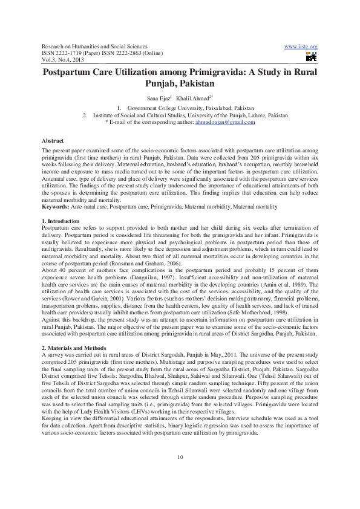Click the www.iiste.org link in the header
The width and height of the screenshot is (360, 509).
pyautogui.click(x=301, y=47)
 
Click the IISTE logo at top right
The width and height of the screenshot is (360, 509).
pyautogui.click(x=312, y=57)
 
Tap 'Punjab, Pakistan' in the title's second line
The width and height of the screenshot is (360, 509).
pyautogui.click(x=180, y=83)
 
